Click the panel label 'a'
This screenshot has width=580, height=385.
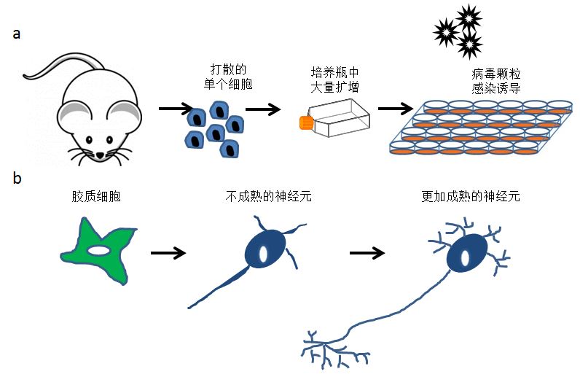click(17, 35)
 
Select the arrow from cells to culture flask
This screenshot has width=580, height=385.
click(263, 111)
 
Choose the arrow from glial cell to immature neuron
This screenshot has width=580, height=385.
click(168, 254)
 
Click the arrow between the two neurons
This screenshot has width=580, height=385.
click(367, 254)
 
